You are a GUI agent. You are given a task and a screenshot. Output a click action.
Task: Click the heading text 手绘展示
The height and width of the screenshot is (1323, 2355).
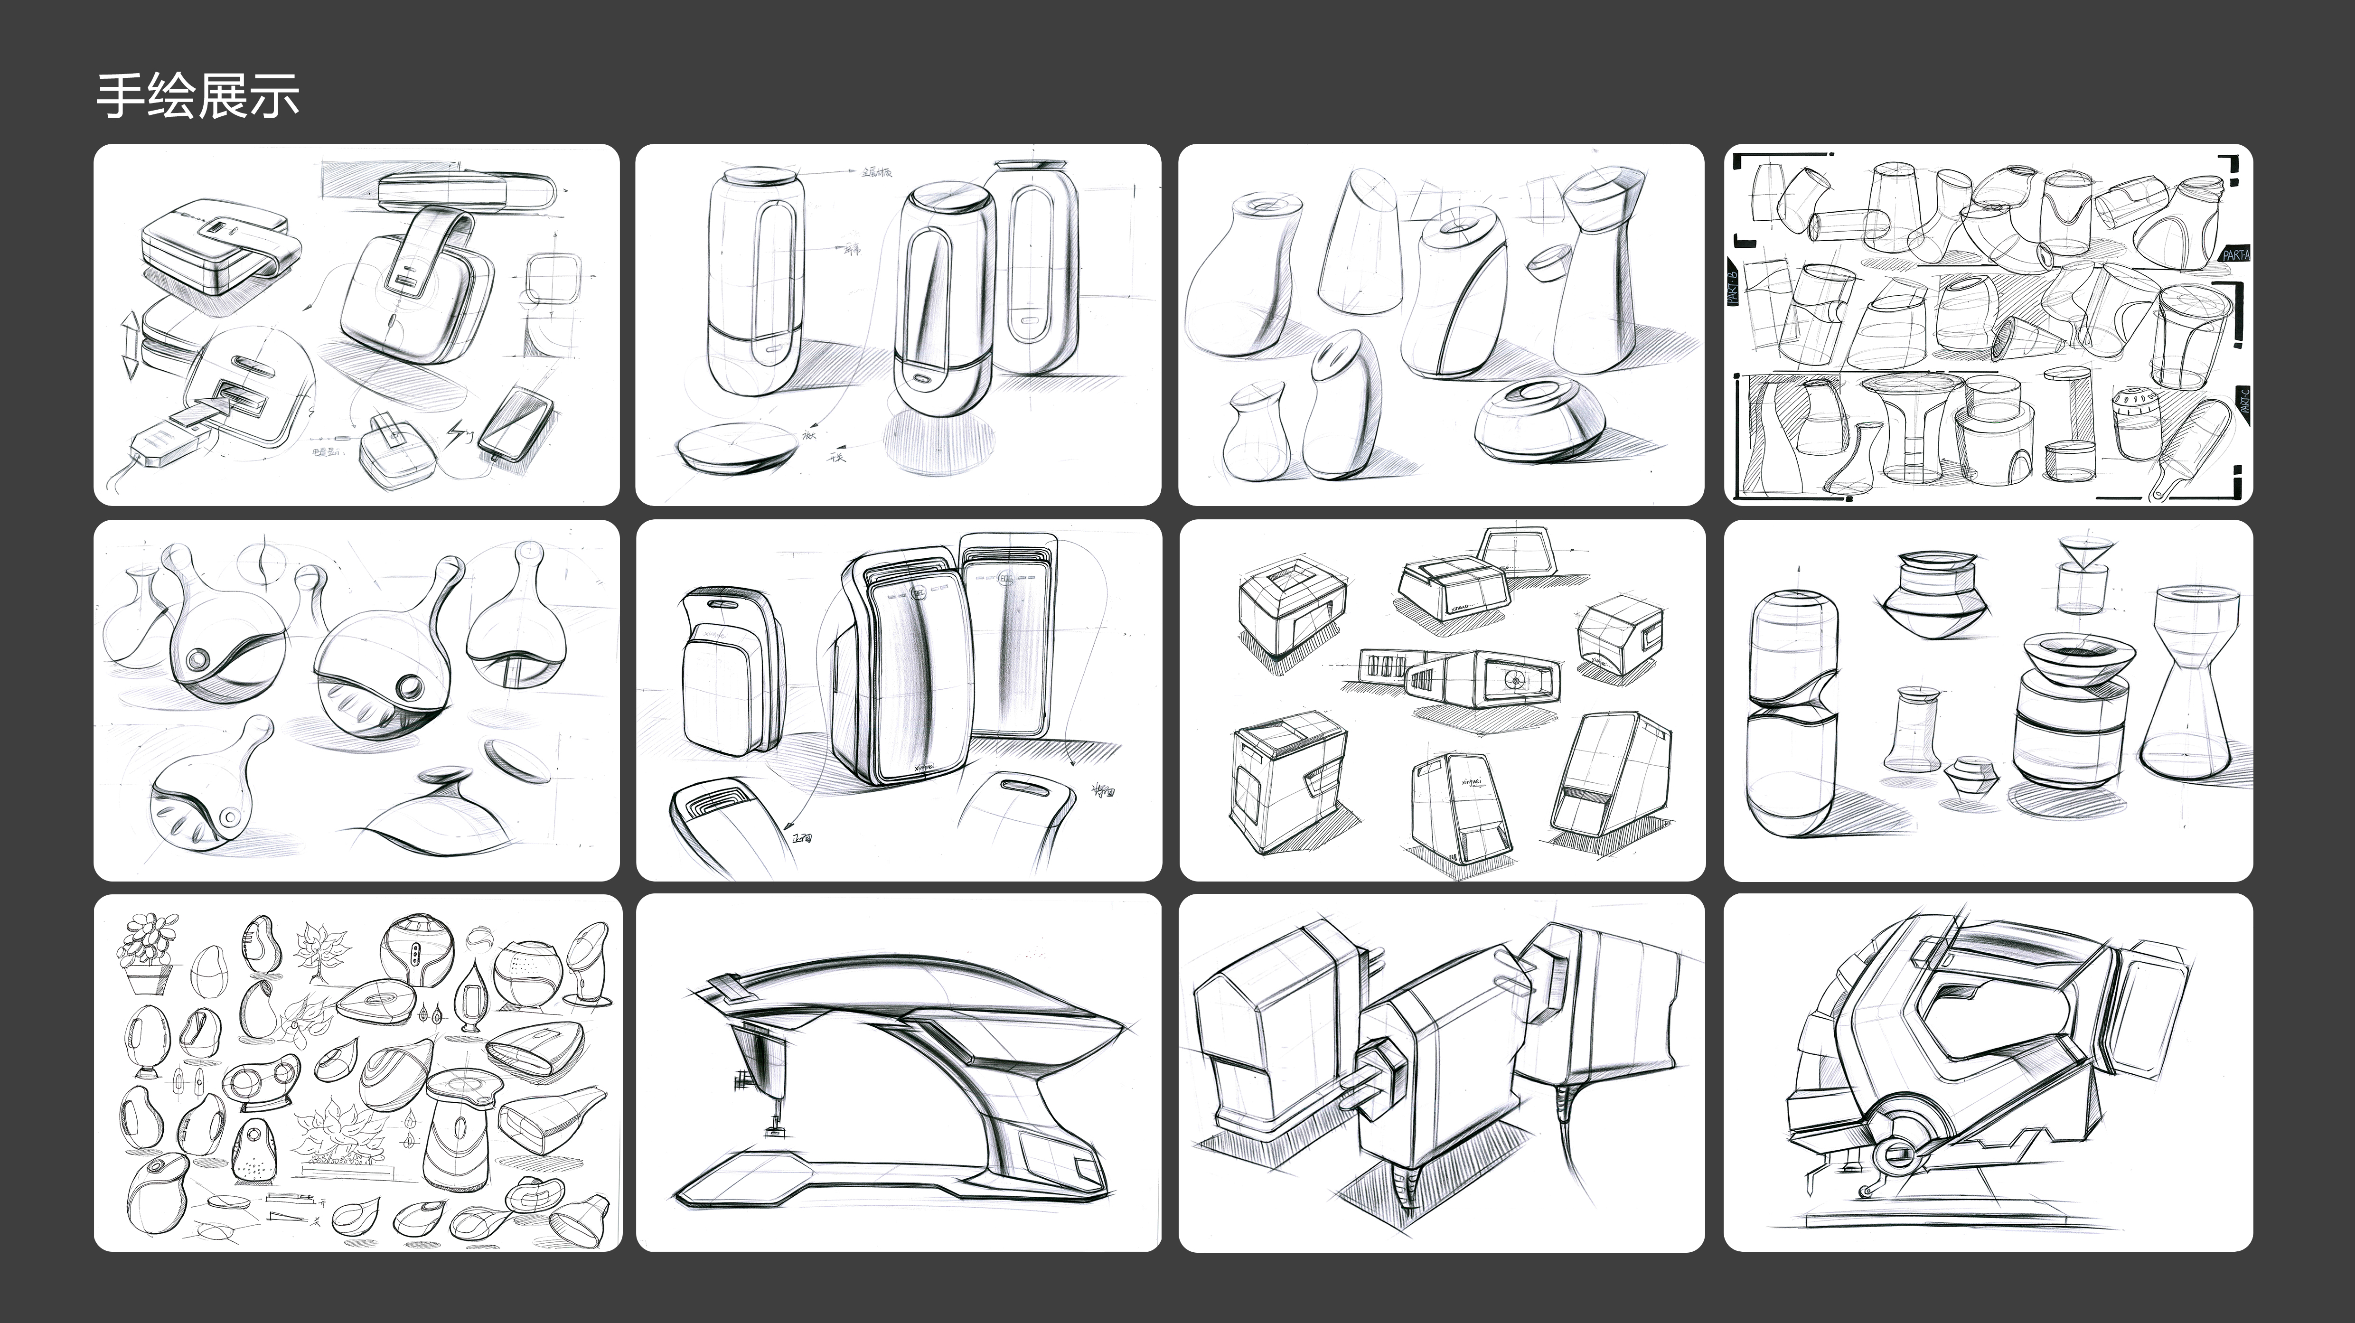click(x=197, y=96)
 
